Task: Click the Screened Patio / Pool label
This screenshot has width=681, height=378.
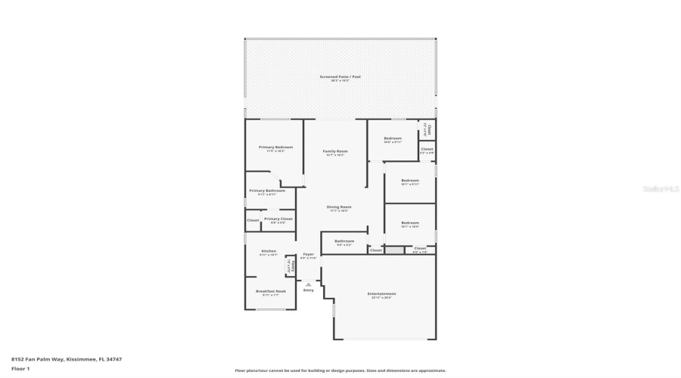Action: tap(340, 76)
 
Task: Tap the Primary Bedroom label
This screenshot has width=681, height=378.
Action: tap(275, 147)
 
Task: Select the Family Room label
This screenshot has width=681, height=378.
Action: tap(335, 151)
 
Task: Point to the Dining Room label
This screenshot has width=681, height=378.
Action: tap(339, 206)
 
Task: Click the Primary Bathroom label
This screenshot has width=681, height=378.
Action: tap(267, 191)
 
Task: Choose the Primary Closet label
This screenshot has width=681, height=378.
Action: tap(278, 218)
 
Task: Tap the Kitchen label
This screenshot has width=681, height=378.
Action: tap(269, 251)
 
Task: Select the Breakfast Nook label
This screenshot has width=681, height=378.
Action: tap(270, 291)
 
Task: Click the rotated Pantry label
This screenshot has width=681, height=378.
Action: tap(290, 265)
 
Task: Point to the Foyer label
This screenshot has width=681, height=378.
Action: tap(308, 254)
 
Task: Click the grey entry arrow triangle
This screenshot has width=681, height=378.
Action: tap(308, 284)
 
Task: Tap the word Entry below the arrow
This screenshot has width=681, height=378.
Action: tap(308, 290)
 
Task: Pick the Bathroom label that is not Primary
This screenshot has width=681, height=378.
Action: tap(344, 241)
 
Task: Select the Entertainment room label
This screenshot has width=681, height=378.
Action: tap(381, 293)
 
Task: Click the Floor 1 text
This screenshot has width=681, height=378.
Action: tap(20, 369)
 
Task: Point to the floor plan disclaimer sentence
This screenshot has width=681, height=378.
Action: tap(340, 370)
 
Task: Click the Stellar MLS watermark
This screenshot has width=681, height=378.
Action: tap(661, 189)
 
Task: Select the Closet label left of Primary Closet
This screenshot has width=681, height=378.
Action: tap(253, 220)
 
